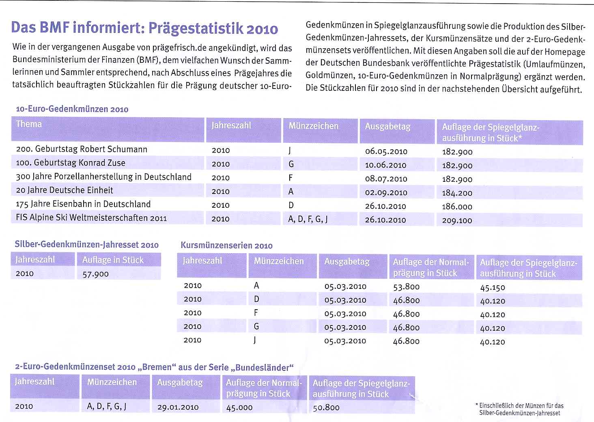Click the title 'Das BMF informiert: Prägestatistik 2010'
(x=144, y=28)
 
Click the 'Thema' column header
(x=29, y=124)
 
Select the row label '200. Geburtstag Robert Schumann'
(x=82, y=149)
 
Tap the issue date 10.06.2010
(x=385, y=165)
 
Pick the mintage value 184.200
(x=457, y=193)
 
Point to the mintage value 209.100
(x=457, y=221)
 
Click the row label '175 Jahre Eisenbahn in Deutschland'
(x=83, y=204)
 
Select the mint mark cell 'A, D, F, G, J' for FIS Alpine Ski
(x=308, y=219)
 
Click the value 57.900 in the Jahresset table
(x=96, y=274)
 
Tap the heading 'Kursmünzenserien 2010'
(x=226, y=245)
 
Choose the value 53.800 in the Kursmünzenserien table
(x=406, y=287)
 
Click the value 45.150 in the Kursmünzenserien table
(x=493, y=288)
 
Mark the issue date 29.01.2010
(x=178, y=407)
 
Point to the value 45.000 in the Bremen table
(x=239, y=407)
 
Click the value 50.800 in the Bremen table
(x=326, y=407)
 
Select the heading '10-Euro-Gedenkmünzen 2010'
(x=72, y=109)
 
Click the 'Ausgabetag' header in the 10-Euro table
(x=387, y=127)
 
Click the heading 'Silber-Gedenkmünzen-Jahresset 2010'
(x=86, y=245)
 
